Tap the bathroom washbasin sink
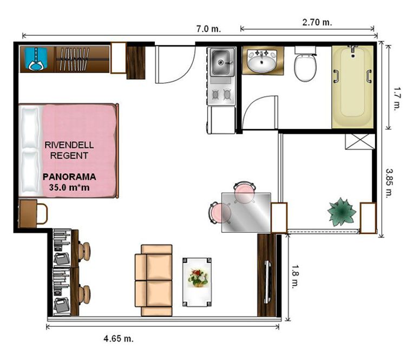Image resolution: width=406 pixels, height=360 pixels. point(261,61)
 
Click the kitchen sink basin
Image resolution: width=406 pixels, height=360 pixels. point(220,62)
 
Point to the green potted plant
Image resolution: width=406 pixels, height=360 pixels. point(342,212)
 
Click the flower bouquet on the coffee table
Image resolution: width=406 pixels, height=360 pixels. point(198,278)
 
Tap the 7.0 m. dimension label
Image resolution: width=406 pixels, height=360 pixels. point(209,29)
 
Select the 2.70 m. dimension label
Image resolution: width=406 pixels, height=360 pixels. point(317,22)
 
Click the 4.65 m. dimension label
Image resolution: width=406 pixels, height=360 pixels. point(119,338)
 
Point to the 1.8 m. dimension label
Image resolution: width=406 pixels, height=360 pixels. point(295,276)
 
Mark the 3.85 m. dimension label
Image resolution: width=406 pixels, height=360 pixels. point(389,184)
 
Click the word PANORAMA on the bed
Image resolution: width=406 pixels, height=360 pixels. point(69,177)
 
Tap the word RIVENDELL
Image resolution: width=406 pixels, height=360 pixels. point(69,145)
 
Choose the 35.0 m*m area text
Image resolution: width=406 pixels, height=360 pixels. point(69,187)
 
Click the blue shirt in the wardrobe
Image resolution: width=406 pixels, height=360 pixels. point(36,59)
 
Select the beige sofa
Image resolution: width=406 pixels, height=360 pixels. point(154,280)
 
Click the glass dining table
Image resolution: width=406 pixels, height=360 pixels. point(246,213)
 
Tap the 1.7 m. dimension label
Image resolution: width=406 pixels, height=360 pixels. point(397,99)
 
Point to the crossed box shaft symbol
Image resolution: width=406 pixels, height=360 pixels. point(360,142)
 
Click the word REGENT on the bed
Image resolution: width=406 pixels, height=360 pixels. point(69,156)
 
